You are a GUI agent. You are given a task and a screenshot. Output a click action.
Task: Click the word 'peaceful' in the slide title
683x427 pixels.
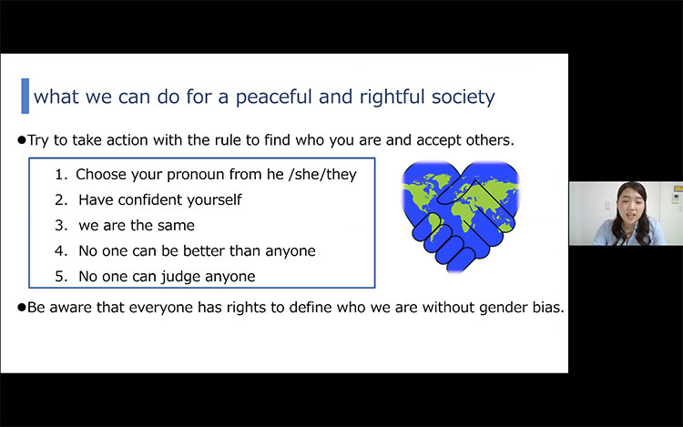[x=272, y=97]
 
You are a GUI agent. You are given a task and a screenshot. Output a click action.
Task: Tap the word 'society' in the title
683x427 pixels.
[x=463, y=97]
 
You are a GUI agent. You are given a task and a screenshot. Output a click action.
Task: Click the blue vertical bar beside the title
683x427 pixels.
[x=25, y=96]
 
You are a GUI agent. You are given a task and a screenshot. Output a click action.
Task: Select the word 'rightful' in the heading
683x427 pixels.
[x=392, y=97]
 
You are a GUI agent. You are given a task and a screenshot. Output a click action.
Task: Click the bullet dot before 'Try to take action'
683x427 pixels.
[x=22, y=140]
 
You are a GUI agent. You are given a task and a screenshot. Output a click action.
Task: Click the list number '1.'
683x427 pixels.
[x=61, y=175]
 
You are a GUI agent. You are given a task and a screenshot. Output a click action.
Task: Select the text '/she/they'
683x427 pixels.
[x=322, y=175]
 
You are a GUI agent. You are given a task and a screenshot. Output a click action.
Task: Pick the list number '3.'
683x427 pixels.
[x=61, y=226]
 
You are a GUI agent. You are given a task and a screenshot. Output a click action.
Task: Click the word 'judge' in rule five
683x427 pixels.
[x=186, y=278]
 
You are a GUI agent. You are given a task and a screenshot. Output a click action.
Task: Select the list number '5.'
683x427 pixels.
[x=61, y=277]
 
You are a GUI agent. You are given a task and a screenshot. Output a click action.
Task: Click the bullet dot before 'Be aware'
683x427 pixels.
[x=22, y=308]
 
